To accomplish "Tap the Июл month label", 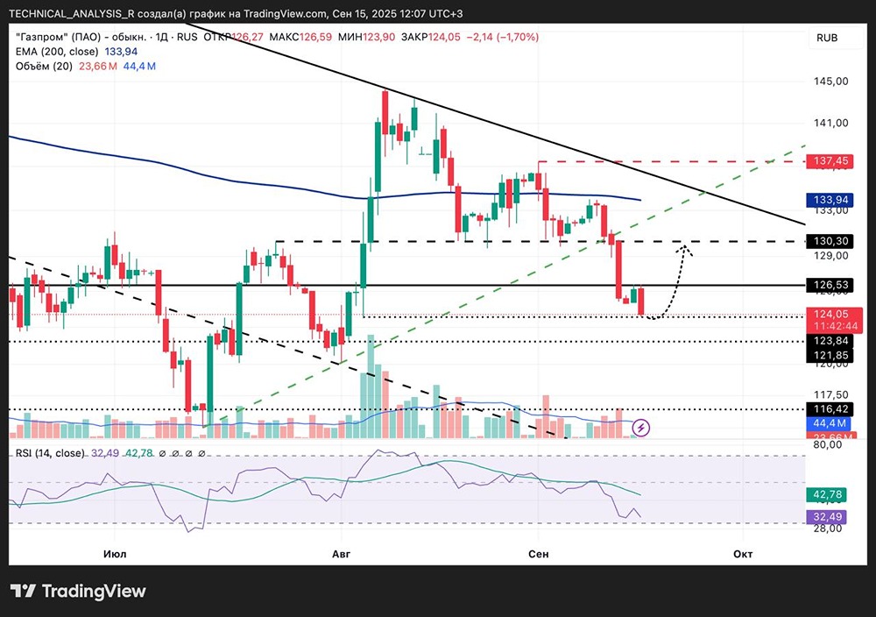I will (114, 554).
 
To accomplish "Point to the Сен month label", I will (538, 554).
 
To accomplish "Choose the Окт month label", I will (743, 554).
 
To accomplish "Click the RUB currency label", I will (827, 39).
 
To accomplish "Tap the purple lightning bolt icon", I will (642, 428).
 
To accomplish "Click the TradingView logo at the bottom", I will (79, 591).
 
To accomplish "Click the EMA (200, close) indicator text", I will (62, 51).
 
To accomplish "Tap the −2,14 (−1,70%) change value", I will (504, 37).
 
